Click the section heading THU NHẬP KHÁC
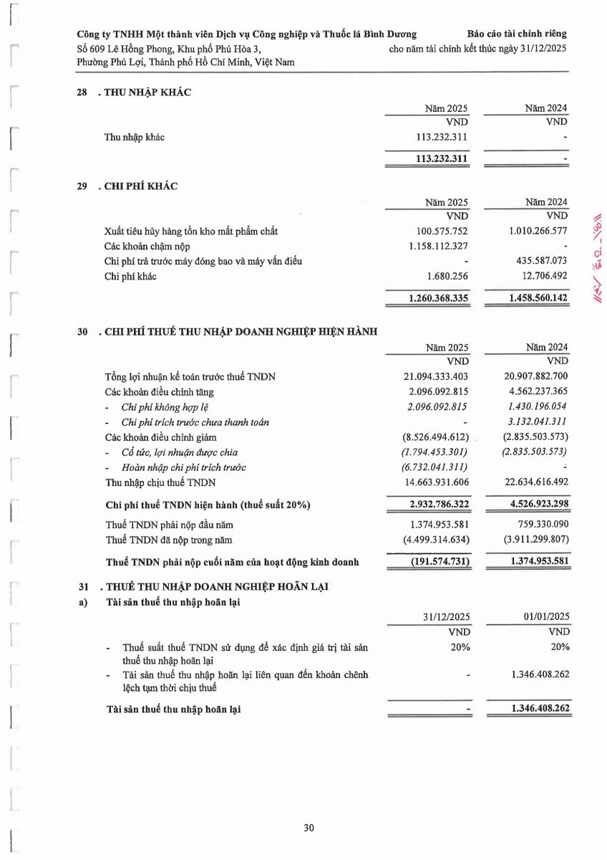147,92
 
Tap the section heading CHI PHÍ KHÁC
141,186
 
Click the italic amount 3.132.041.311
535,422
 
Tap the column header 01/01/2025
546,616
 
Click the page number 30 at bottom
309,828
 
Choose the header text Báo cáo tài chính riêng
516,34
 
